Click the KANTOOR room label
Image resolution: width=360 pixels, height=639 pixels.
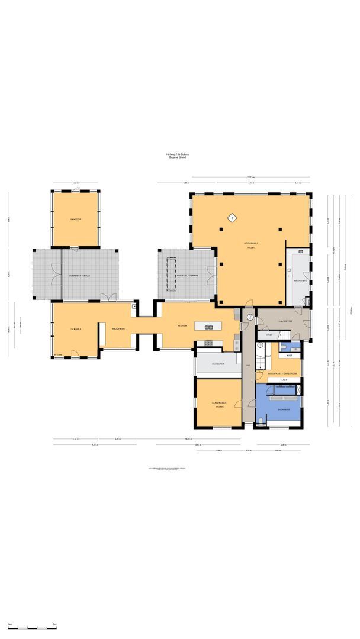click(75, 219)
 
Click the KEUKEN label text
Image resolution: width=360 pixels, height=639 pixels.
click(182, 325)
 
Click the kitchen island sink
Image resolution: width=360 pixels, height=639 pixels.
click(210, 326)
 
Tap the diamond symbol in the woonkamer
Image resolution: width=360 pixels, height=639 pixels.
click(233, 218)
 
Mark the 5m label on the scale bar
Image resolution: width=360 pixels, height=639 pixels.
click(54, 624)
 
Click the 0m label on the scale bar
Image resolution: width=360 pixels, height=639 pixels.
click(10, 624)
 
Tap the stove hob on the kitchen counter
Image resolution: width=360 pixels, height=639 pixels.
click(208, 344)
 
